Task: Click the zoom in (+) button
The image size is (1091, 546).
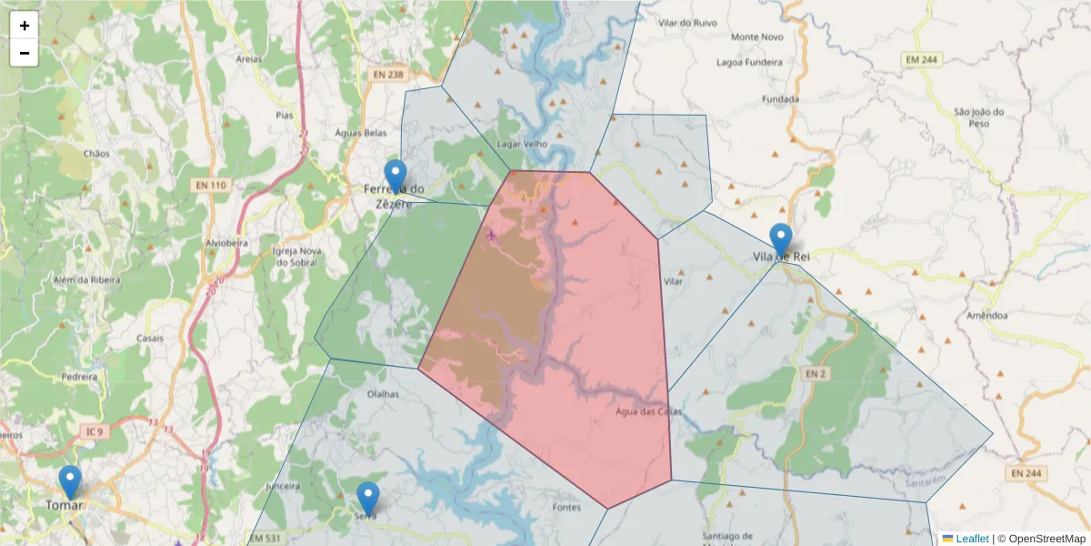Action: click(25, 25)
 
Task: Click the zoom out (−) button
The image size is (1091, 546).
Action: click(25, 53)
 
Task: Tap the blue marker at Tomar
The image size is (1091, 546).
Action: click(70, 482)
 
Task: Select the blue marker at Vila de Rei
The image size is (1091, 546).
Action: click(781, 239)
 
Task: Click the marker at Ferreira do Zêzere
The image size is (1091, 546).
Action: click(395, 176)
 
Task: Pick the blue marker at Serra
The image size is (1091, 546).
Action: click(367, 498)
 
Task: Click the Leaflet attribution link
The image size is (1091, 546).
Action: click(971, 539)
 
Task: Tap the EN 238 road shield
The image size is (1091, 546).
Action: click(386, 75)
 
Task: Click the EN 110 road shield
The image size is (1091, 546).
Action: click(210, 185)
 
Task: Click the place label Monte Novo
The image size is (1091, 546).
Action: click(756, 36)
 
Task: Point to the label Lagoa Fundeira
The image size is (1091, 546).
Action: click(749, 63)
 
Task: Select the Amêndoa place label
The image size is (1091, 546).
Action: click(987, 315)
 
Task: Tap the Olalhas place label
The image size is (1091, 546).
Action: click(382, 395)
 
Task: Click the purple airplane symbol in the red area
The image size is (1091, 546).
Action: click(492, 235)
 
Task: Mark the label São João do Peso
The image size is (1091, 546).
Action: click(978, 117)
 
